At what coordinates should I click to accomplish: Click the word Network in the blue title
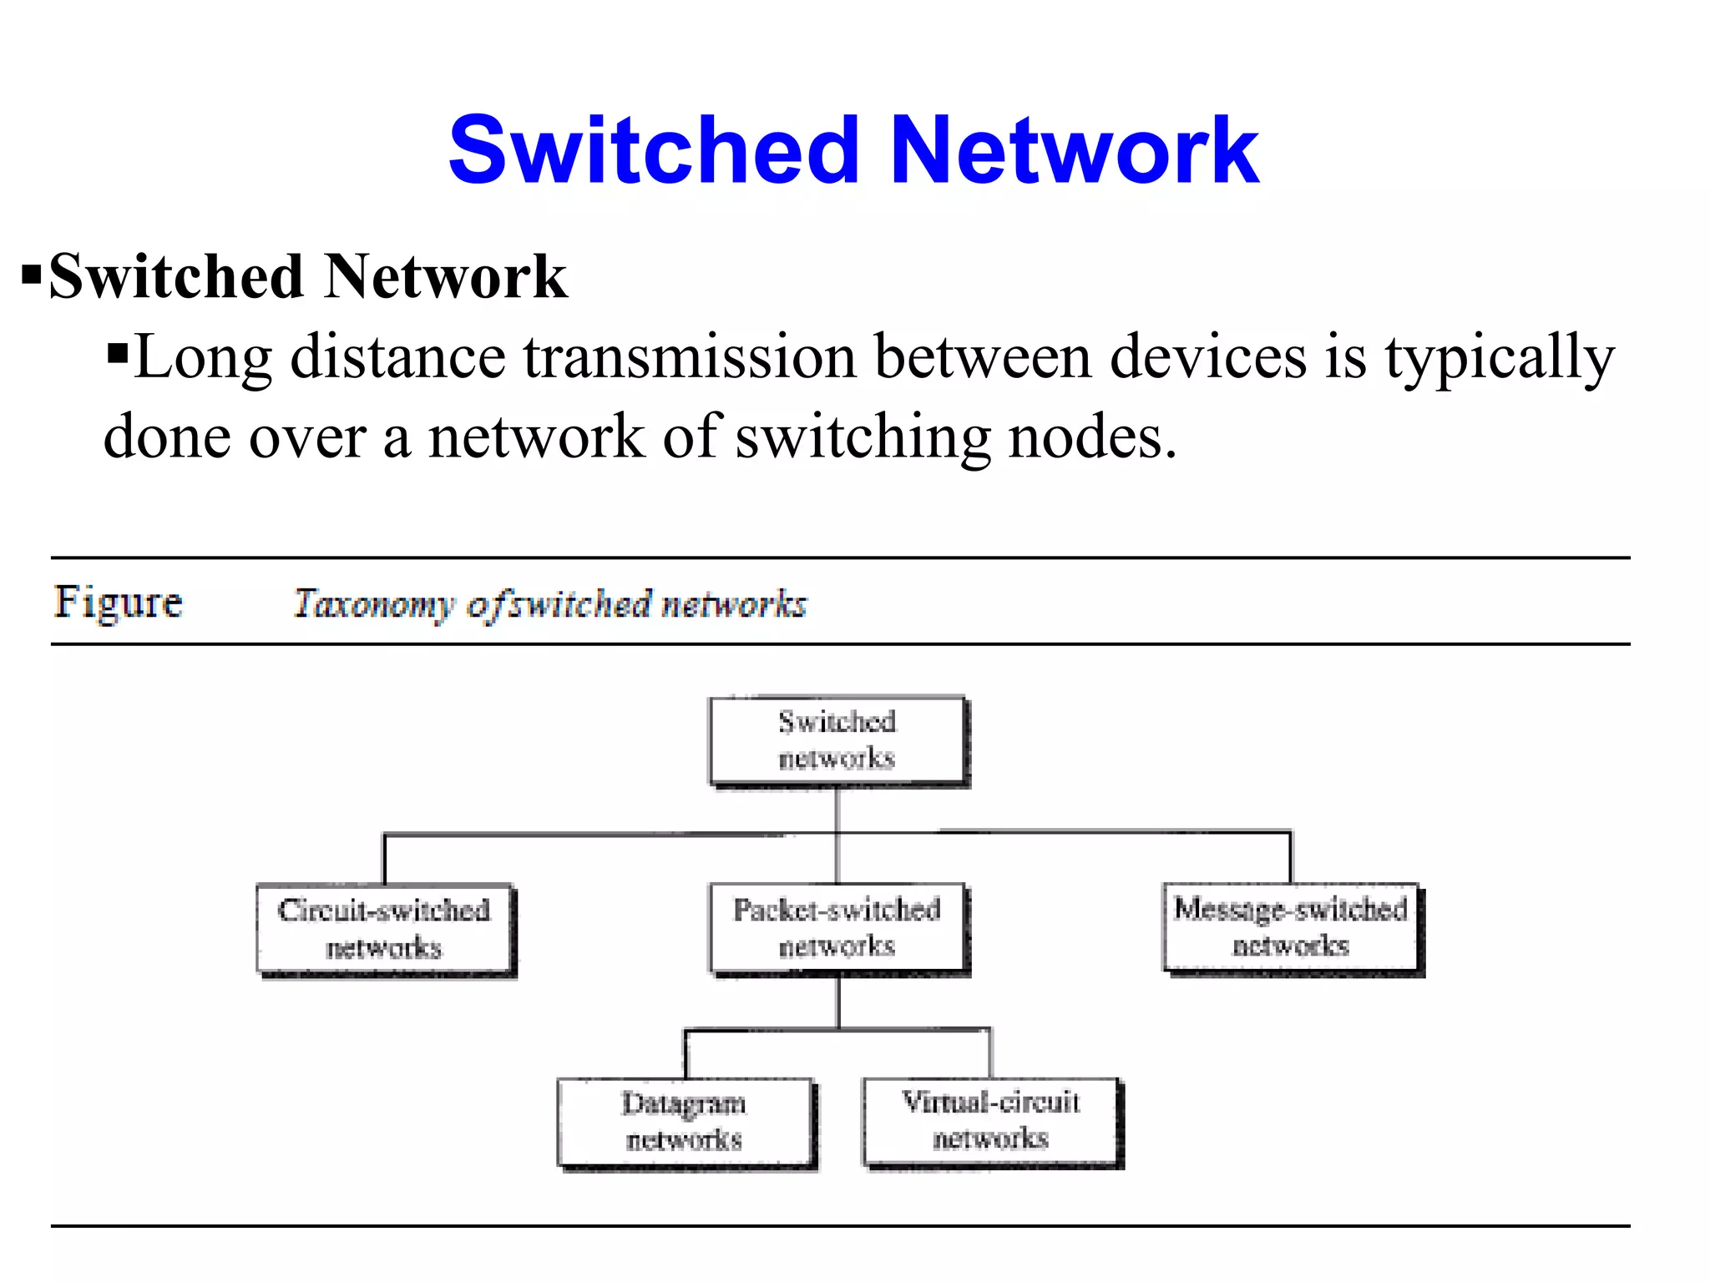(x=1074, y=151)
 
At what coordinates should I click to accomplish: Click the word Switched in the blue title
(x=654, y=151)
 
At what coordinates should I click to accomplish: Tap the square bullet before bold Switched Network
(x=32, y=275)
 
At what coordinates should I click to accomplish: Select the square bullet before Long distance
(x=118, y=353)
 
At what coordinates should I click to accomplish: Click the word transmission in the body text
(x=690, y=357)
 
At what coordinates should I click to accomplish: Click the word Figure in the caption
(x=118, y=602)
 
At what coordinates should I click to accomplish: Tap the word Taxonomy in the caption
(x=373, y=604)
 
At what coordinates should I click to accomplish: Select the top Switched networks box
(x=837, y=740)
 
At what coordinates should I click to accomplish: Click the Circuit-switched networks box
(x=384, y=929)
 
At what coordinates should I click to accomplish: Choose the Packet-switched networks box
(x=837, y=928)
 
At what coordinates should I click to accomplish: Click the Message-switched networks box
(x=1291, y=927)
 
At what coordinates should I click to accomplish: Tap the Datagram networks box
(x=685, y=1122)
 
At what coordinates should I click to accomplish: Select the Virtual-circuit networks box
(x=991, y=1121)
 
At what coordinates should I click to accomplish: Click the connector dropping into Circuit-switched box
(x=385, y=860)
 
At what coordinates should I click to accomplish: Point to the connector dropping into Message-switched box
(x=1290, y=858)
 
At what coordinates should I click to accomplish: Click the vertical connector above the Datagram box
(x=686, y=1054)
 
